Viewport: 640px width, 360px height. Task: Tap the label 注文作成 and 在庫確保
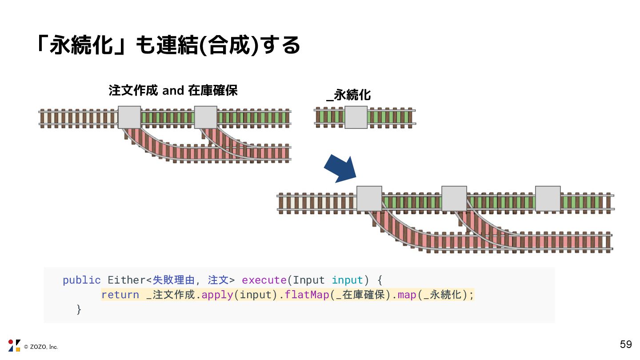(173, 91)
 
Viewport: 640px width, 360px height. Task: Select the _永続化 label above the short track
(349, 95)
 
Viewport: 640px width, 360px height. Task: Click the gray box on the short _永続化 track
(356, 117)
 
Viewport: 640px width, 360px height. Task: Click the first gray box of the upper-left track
(129, 117)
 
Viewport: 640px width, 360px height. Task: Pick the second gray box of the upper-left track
(206, 117)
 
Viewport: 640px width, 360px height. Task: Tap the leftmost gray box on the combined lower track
(369, 199)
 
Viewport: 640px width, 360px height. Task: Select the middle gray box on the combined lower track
(454, 199)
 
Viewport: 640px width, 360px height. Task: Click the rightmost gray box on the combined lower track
(548, 199)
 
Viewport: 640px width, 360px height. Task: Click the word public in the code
(82, 280)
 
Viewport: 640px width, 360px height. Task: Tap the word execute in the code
(264, 280)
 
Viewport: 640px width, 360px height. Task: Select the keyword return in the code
(120, 295)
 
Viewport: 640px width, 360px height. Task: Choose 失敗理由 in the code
(174, 280)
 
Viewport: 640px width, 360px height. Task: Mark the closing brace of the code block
(79, 309)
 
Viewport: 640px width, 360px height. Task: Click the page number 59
(626, 344)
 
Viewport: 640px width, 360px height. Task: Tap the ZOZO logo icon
(14, 345)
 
